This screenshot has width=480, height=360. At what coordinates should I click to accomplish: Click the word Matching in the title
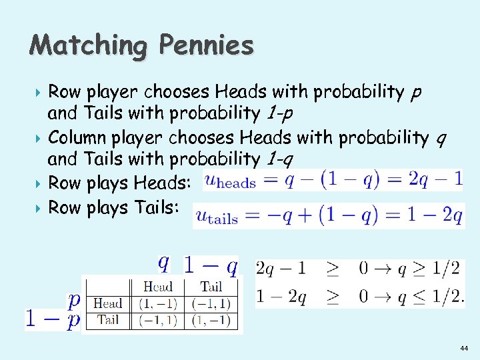click(87, 45)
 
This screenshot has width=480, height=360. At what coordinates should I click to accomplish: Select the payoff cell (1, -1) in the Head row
click(157, 303)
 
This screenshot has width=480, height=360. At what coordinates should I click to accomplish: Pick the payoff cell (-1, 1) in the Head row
click(211, 303)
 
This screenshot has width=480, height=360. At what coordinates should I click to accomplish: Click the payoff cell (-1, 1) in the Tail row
click(157, 320)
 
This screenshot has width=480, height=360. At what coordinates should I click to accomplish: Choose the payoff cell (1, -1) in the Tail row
click(211, 320)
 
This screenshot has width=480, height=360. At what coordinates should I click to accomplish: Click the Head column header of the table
click(157, 287)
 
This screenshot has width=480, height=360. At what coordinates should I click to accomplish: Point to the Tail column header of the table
click(211, 287)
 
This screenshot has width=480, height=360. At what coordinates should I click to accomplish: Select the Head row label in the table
click(107, 303)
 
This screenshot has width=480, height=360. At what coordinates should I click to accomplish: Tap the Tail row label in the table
click(107, 320)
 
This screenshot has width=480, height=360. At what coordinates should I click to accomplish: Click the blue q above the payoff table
click(162, 264)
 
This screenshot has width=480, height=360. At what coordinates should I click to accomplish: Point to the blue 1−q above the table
click(210, 267)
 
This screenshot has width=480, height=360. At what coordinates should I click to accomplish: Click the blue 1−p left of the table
click(53, 319)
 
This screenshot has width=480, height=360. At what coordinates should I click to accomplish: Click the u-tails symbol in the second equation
click(216, 216)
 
